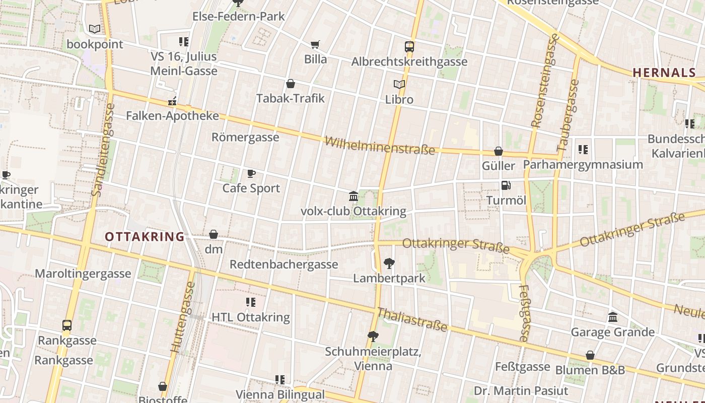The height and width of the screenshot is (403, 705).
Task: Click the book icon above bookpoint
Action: [94, 29]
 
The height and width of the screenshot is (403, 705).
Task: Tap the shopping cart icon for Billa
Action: [315, 44]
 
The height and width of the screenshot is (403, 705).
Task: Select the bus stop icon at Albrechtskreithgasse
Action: [409, 47]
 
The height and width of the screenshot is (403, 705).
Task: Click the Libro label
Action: [399, 99]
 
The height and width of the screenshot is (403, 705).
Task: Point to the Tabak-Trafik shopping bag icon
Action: [291, 84]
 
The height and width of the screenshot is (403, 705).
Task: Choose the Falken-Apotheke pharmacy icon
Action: [172, 101]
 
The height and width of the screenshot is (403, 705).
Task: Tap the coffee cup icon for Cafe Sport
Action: [251, 174]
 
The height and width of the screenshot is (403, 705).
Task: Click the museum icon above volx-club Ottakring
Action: [354, 196]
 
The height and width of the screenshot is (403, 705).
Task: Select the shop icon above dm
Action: [214, 234]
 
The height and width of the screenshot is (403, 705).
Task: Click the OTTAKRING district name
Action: [145, 237]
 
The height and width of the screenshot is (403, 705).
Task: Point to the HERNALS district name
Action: [664, 73]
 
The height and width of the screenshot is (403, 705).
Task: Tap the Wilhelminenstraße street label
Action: [380, 145]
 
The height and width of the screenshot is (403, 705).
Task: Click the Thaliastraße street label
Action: [412, 319]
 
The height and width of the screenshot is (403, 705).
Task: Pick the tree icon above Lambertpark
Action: [389, 262]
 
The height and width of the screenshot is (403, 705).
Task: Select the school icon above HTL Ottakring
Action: [250, 302]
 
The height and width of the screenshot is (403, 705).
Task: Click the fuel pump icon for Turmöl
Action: [506, 185]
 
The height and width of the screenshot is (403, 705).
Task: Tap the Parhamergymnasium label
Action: [583, 165]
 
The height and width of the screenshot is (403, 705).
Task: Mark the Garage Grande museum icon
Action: [613, 317]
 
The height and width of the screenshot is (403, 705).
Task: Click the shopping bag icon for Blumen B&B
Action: [590, 355]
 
